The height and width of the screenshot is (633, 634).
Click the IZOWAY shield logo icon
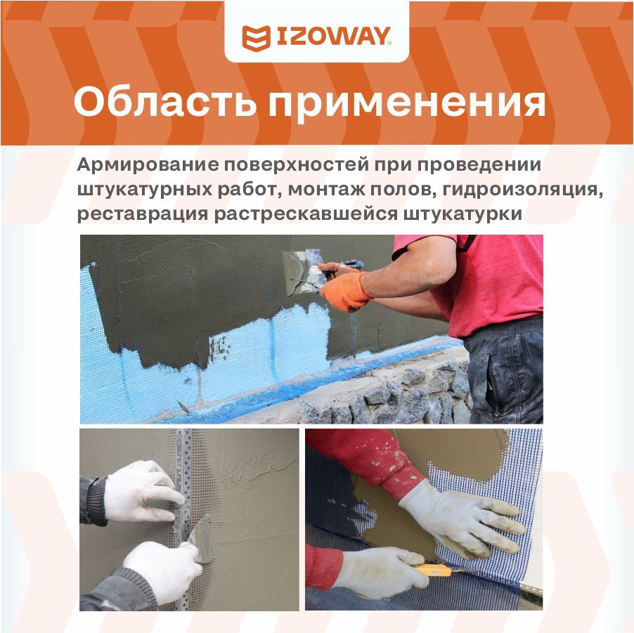(x=256, y=38)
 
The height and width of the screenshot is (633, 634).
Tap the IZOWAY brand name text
(x=334, y=37)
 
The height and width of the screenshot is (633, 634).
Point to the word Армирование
(x=147, y=165)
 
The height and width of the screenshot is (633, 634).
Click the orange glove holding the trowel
(x=345, y=287)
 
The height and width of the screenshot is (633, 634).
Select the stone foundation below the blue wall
(x=388, y=394)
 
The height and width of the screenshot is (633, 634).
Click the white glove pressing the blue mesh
(x=461, y=517)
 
